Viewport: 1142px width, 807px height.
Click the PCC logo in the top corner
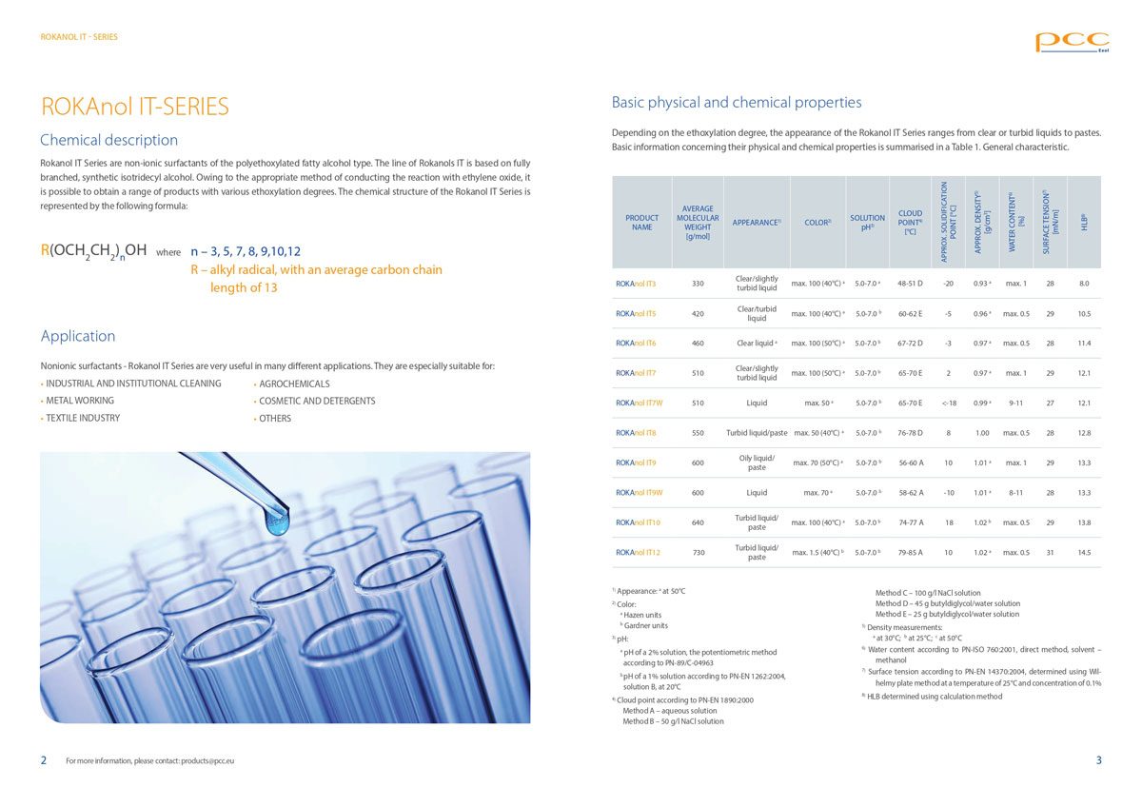coord(1072,41)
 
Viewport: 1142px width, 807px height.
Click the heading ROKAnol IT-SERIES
coord(134,107)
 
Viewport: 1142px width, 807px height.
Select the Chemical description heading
coord(108,140)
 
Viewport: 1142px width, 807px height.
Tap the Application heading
coord(78,336)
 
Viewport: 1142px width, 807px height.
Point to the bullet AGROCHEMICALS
coord(294,384)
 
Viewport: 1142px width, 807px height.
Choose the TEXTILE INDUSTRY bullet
coord(83,418)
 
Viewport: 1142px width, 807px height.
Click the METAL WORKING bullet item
coord(80,401)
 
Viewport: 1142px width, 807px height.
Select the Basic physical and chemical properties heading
coord(736,103)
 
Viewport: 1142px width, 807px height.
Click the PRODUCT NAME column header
coord(642,223)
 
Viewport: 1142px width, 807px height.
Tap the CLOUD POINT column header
coord(910,223)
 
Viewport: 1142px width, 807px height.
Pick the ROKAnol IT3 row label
coord(636,284)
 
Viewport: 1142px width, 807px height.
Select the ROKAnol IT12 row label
coord(638,553)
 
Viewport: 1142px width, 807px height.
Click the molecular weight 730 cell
coord(698,553)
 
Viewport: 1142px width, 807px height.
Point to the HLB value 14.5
coord(1084,553)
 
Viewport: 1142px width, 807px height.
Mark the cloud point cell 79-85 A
coord(910,553)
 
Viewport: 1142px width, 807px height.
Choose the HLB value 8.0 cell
coord(1084,284)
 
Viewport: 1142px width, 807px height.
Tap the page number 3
coord(1098,760)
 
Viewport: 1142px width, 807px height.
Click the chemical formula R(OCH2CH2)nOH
coord(93,250)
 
